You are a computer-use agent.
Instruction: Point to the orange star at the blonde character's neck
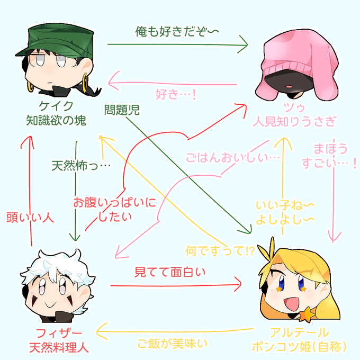pyautogui.click(x=307, y=314)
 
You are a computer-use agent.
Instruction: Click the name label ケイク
pyautogui.click(x=56, y=106)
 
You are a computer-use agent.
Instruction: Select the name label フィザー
pyautogui.click(x=59, y=333)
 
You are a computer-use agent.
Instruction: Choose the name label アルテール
pyautogui.click(x=299, y=332)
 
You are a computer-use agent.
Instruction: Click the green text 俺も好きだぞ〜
pyautogui.click(x=177, y=31)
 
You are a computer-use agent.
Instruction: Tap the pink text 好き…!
pyautogui.click(x=176, y=94)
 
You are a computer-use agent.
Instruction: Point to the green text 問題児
pyautogui.click(x=122, y=110)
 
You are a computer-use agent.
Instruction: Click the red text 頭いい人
pyautogui.click(x=30, y=217)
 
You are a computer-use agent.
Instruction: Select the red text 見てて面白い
pyautogui.click(x=169, y=272)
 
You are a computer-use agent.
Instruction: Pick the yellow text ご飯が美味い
pyautogui.click(x=172, y=344)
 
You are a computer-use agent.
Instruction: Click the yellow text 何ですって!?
pyautogui.click(x=220, y=251)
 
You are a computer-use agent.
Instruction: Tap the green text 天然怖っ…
pyautogui.click(x=81, y=166)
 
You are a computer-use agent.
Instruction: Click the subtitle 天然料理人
pyautogui.click(x=59, y=348)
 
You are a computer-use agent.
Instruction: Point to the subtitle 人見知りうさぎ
pyautogui.click(x=294, y=121)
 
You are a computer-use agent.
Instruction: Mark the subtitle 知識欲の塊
pyautogui.click(x=56, y=121)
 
